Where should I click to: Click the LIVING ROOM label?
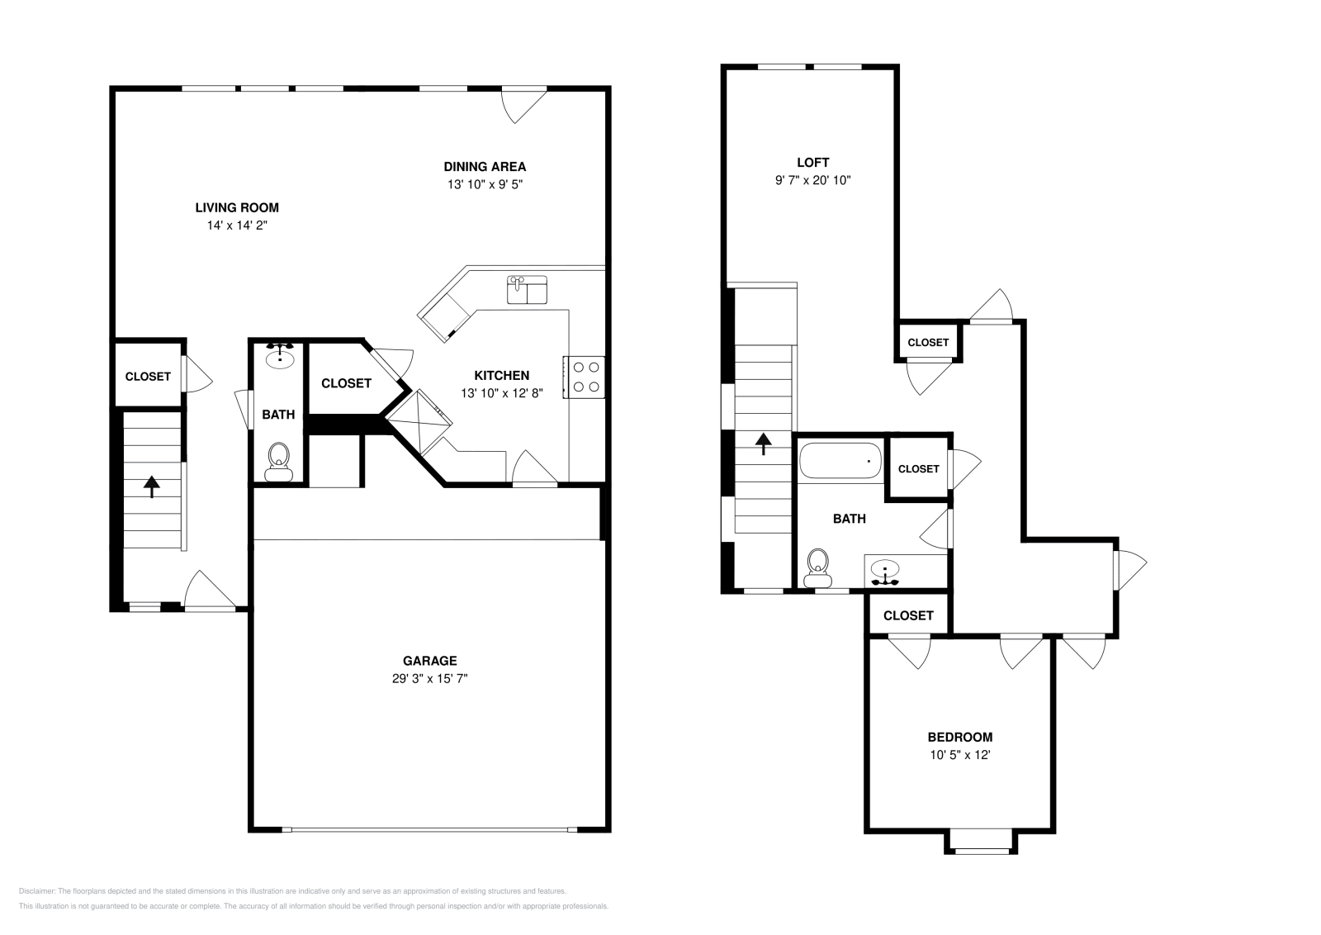(237, 207)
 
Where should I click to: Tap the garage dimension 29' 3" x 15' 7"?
(429, 678)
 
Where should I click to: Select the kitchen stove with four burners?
(585, 377)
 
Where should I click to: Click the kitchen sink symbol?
(527, 290)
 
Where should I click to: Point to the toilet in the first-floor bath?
(278, 461)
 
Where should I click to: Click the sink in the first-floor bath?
(281, 356)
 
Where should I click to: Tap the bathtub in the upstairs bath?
(840, 460)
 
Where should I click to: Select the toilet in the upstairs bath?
(818, 564)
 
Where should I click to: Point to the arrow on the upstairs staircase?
(764, 444)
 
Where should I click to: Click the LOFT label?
(812, 163)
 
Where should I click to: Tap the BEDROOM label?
(959, 737)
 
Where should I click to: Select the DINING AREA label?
(485, 167)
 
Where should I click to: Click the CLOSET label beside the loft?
(928, 342)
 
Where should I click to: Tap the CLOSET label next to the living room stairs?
(148, 376)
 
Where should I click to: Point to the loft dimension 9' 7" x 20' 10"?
(812, 180)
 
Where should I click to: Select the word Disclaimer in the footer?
(36, 891)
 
